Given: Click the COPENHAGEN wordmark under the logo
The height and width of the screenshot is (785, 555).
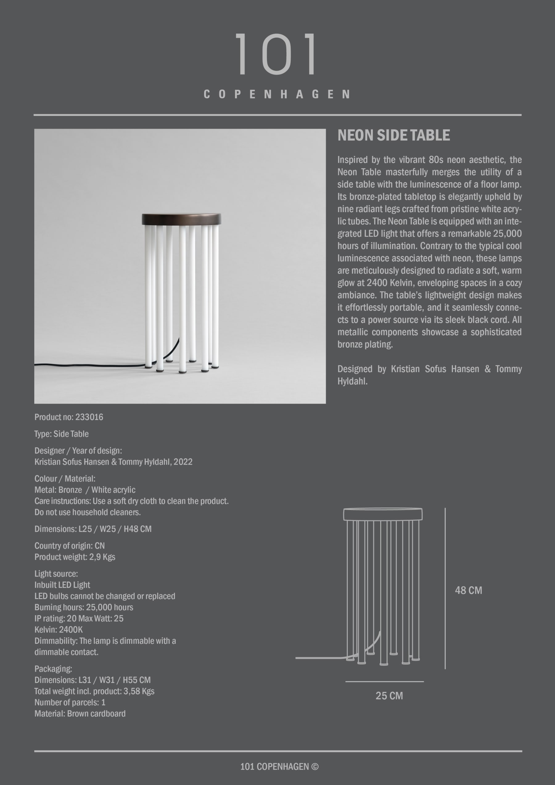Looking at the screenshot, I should [277, 94].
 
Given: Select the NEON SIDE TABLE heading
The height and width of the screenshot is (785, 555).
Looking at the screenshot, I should [394, 135].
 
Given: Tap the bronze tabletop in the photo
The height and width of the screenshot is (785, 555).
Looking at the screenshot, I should [181, 219].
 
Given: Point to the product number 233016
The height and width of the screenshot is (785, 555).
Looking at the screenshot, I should [89, 417].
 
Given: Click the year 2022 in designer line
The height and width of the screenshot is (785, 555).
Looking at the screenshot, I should [183, 462].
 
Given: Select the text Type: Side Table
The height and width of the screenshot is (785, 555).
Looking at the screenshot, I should [62, 434].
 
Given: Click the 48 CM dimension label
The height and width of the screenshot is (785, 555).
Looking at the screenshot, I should [468, 590].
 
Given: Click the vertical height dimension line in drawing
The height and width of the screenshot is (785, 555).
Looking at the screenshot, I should [445, 588].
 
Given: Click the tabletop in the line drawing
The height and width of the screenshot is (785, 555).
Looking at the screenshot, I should [383, 514].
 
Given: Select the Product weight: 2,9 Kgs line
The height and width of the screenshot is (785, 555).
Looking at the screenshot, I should [75, 557].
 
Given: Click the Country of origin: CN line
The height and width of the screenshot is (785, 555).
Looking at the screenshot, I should [69, 546].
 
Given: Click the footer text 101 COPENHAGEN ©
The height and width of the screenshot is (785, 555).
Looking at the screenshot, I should [279, 767].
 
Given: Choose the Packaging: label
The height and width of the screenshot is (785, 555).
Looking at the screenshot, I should [53, 669].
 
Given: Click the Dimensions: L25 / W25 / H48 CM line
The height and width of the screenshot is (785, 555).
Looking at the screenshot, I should [93, 529].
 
